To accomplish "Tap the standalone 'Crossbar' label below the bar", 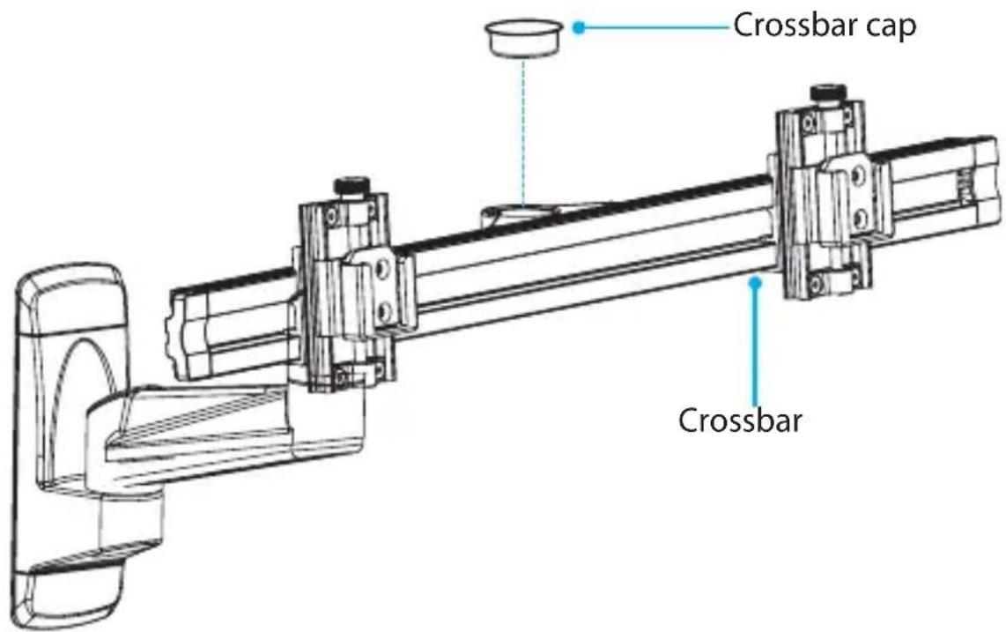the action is [740, 420].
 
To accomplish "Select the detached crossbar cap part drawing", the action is [524, 38].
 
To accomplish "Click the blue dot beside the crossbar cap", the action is [579, 27].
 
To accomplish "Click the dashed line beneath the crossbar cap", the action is [523, 132].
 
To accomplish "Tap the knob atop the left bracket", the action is [351, 188].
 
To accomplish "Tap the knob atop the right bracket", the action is [828, 94].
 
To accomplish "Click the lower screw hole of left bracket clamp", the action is [384, 312].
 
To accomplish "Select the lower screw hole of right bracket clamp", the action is [861, 217].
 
